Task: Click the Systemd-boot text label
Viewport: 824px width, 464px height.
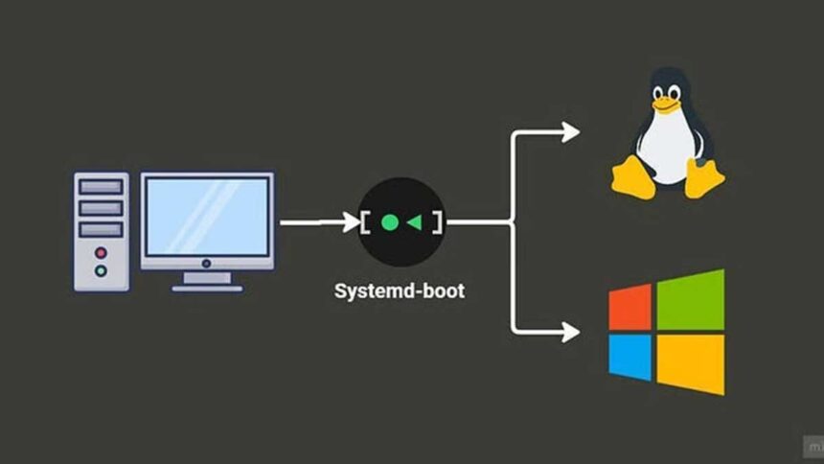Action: pos(400,290)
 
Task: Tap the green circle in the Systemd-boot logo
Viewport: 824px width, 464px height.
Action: pos(389,222)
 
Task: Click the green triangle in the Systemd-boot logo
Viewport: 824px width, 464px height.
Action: pos(414,222)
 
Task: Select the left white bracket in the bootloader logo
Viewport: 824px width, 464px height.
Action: pos(367,222)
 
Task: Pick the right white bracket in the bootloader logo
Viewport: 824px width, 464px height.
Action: pos(437,222)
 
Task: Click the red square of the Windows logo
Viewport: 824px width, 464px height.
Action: pos(629,306)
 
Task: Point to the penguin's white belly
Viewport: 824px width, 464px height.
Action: pos(668,149)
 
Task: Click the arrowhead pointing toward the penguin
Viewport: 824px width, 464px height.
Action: pos(570,131)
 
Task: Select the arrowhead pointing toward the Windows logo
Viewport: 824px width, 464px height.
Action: pos(570,332)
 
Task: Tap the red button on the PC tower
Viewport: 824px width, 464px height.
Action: pos(101,253)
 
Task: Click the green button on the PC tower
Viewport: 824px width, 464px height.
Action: pos(101,271)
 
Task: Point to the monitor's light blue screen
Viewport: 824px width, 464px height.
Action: pos(206,216)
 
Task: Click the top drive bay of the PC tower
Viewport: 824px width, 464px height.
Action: pos(101,186)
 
